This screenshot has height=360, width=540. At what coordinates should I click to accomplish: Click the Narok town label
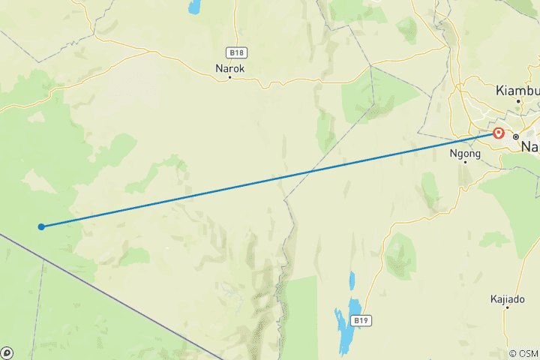pyautogui.click(x=229, y=67)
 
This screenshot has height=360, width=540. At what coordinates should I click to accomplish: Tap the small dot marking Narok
pyautogui.click(x=229, y=76)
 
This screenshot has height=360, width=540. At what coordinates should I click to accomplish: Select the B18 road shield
pyautogui.click(x=235, y=52)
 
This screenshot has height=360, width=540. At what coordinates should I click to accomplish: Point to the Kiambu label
pyautogui.click(x=516, y=90)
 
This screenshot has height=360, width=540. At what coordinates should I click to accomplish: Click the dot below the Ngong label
pyautogui.click(x=465, y=161)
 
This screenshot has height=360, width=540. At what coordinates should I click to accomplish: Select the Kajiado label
pyautogui.click(x=506, y=298)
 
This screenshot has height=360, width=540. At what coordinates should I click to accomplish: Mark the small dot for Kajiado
pyautogui.click(x=507, y=307)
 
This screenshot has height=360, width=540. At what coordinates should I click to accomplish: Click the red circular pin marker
pyautogui.click(x=499, y=133)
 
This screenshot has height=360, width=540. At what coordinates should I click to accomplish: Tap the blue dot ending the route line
pyautogui.click(x=41, y=226)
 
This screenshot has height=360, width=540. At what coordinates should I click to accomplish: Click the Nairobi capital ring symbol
pyautogui.click(x=516, y=136)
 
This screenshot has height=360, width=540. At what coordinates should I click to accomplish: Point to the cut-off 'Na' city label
pyautogui.click(x=530, y=146)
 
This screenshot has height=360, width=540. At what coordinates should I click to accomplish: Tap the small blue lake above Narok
pyautogui.click(x=195, y=7)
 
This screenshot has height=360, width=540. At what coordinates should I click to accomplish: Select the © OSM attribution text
pyautogui.click(x=523, y=353)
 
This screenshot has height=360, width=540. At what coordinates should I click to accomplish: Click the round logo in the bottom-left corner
pyautogui.click(x=7, y=352)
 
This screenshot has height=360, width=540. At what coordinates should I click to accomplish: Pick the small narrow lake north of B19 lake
pyautogui.click(x=351, y=282)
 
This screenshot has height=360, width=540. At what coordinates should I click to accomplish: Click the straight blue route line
pyautogui.click(x=270, y=180)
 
